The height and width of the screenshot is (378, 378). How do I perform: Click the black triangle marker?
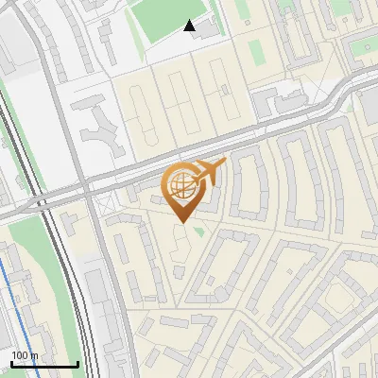pos(190,26)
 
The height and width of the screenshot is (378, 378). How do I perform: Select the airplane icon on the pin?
pos(209,171)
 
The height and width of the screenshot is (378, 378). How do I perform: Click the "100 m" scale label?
pos(25,355)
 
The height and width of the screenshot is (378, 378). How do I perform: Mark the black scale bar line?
pos(44,364)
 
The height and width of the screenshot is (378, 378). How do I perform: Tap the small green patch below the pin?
pos(198,231)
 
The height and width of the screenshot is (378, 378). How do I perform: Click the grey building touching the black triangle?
pos(207,30)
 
